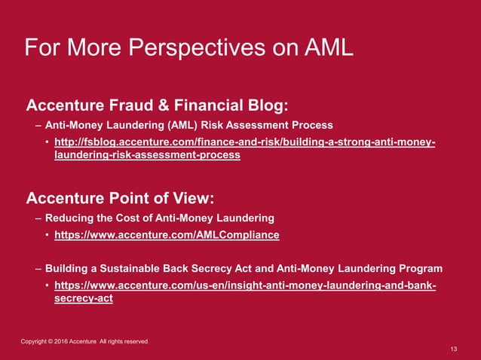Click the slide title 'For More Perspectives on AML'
click(x=188, y=48)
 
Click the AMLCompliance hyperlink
click(x=167, y=235)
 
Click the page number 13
click(x=453, y=349)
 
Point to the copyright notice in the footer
click(x=84, y=342)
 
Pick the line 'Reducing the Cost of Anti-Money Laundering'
click(x=159, y=218)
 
